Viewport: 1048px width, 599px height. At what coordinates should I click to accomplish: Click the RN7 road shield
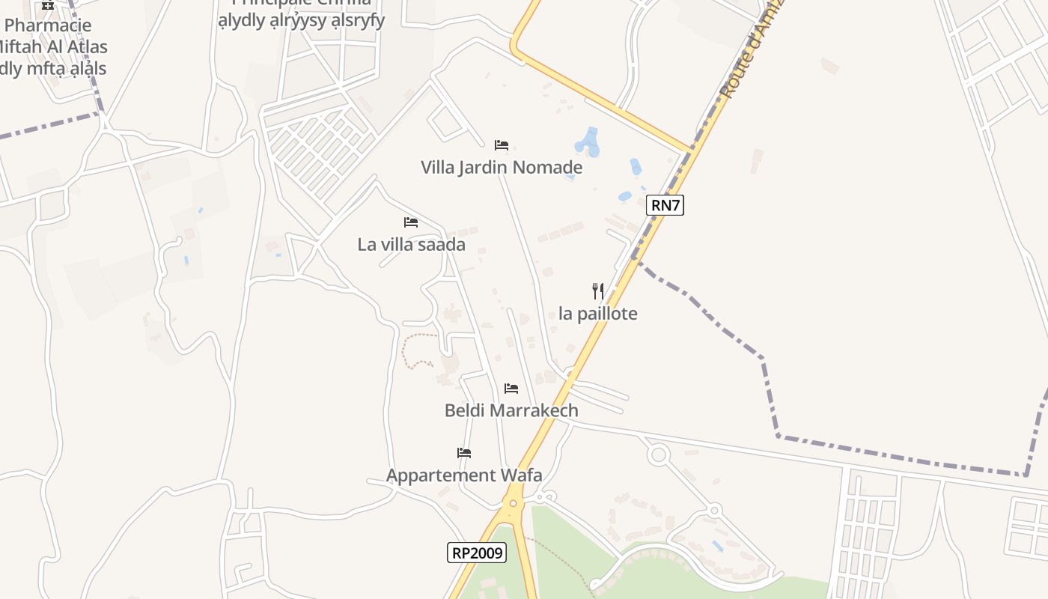pyautogui.click(x=665, y=205)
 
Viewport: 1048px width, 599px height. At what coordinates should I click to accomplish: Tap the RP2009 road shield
pyautogui.click(x=477, y=553)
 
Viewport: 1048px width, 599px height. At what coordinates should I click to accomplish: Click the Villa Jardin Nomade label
pyautogui.click(x=502, y=167)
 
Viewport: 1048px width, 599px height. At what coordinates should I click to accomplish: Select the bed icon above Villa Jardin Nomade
pyautogui.click(x=502, y=145)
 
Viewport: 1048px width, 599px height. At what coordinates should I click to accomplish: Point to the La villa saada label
pyautogui.click(x=411, y=245)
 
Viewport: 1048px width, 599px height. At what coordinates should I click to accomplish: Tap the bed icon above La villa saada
pyautogui.click(x=411, y=222)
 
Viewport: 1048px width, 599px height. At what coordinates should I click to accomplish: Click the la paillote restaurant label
pyautogui.click(x=598, y=314)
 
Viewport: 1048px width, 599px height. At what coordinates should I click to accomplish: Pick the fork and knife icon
pyautogui.click(x=598, y=291)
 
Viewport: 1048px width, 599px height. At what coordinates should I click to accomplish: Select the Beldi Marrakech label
pyautogui.click(x=511, y=410)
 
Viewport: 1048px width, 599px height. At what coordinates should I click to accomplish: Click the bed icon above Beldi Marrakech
pyautogui.click(x=511, y=389)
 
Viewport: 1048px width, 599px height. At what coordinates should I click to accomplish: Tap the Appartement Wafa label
pyautogui.click(x=464, y=475)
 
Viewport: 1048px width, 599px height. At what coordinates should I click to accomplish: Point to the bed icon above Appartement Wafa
pyautogui.click(x=464, y=453)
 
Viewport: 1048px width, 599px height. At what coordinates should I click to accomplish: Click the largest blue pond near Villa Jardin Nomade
pyautogui.click(x=588, y=142)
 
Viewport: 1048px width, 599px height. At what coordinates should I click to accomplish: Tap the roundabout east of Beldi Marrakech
pyautogui.click(x=659, y=454)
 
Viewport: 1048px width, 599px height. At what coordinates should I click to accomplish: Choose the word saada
pyautogui.click(x=443, y=245)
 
